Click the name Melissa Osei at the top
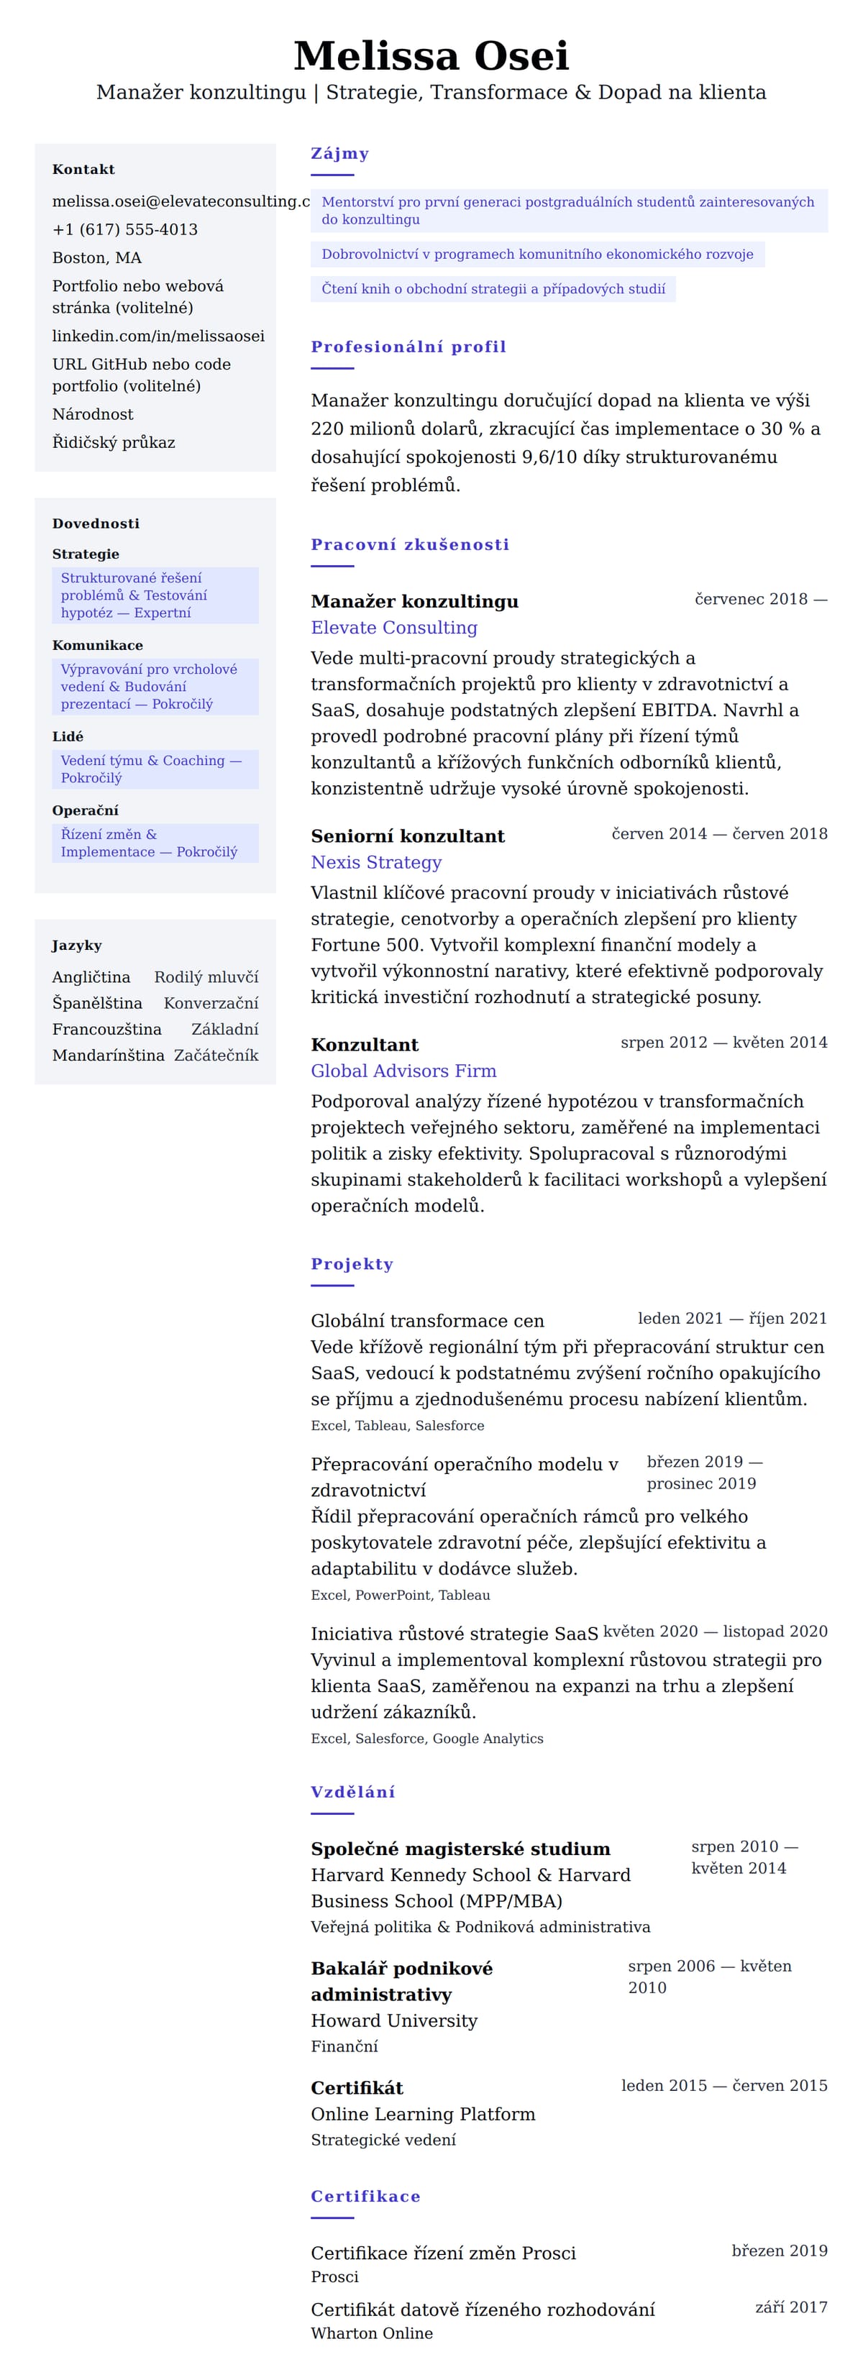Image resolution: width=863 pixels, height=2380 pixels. point(431,55)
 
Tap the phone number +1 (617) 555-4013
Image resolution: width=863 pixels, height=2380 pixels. point(124,229)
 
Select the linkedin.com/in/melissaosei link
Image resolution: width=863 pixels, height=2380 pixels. point(158,335)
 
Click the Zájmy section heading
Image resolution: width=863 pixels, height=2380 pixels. point(339,153)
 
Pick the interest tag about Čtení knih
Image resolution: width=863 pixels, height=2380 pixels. point(493,289)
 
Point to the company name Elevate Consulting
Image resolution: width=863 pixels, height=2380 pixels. point(393,627)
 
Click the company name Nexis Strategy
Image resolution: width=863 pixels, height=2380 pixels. point(376,862)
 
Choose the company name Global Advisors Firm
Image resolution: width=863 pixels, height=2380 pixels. point(403,1071)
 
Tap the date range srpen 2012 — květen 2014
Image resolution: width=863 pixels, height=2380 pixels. point(723,1042)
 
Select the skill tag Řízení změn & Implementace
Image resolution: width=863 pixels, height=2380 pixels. point(149,843)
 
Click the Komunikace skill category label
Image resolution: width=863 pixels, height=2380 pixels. point(97,645)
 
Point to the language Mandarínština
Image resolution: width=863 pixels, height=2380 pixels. point(108,1055)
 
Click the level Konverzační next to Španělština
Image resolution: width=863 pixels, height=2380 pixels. point(211,1003)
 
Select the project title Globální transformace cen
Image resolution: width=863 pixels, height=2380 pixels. point(427,1320)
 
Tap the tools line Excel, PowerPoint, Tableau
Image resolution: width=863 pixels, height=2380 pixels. point(400,1595)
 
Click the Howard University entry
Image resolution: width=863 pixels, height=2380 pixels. point(393,2020)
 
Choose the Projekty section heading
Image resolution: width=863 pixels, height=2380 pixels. point(351,1264)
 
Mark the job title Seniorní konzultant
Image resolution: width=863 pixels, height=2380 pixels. point(408,836)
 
